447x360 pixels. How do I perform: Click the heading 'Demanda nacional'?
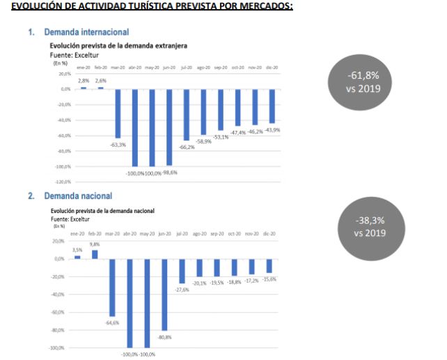point(77,196)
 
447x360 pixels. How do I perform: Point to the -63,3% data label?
point(118,145)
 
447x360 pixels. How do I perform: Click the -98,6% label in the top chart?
point(170,172)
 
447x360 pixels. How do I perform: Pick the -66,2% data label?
point(187,147)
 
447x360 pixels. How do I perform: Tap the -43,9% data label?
point(272,130)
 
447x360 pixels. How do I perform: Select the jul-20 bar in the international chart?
point(187,115)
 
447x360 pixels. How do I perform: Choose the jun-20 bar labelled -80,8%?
point(164,294)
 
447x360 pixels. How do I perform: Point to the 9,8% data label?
point(95,244)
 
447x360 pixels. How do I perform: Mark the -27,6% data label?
point(182,290)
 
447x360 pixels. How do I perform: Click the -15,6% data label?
point(269,279)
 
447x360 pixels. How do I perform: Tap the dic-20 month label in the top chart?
point(272,68)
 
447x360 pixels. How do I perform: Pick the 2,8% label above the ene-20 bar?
point(84,81)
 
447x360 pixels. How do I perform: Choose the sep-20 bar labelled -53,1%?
point(221,109)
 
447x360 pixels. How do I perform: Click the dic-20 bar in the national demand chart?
point(269,265)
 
